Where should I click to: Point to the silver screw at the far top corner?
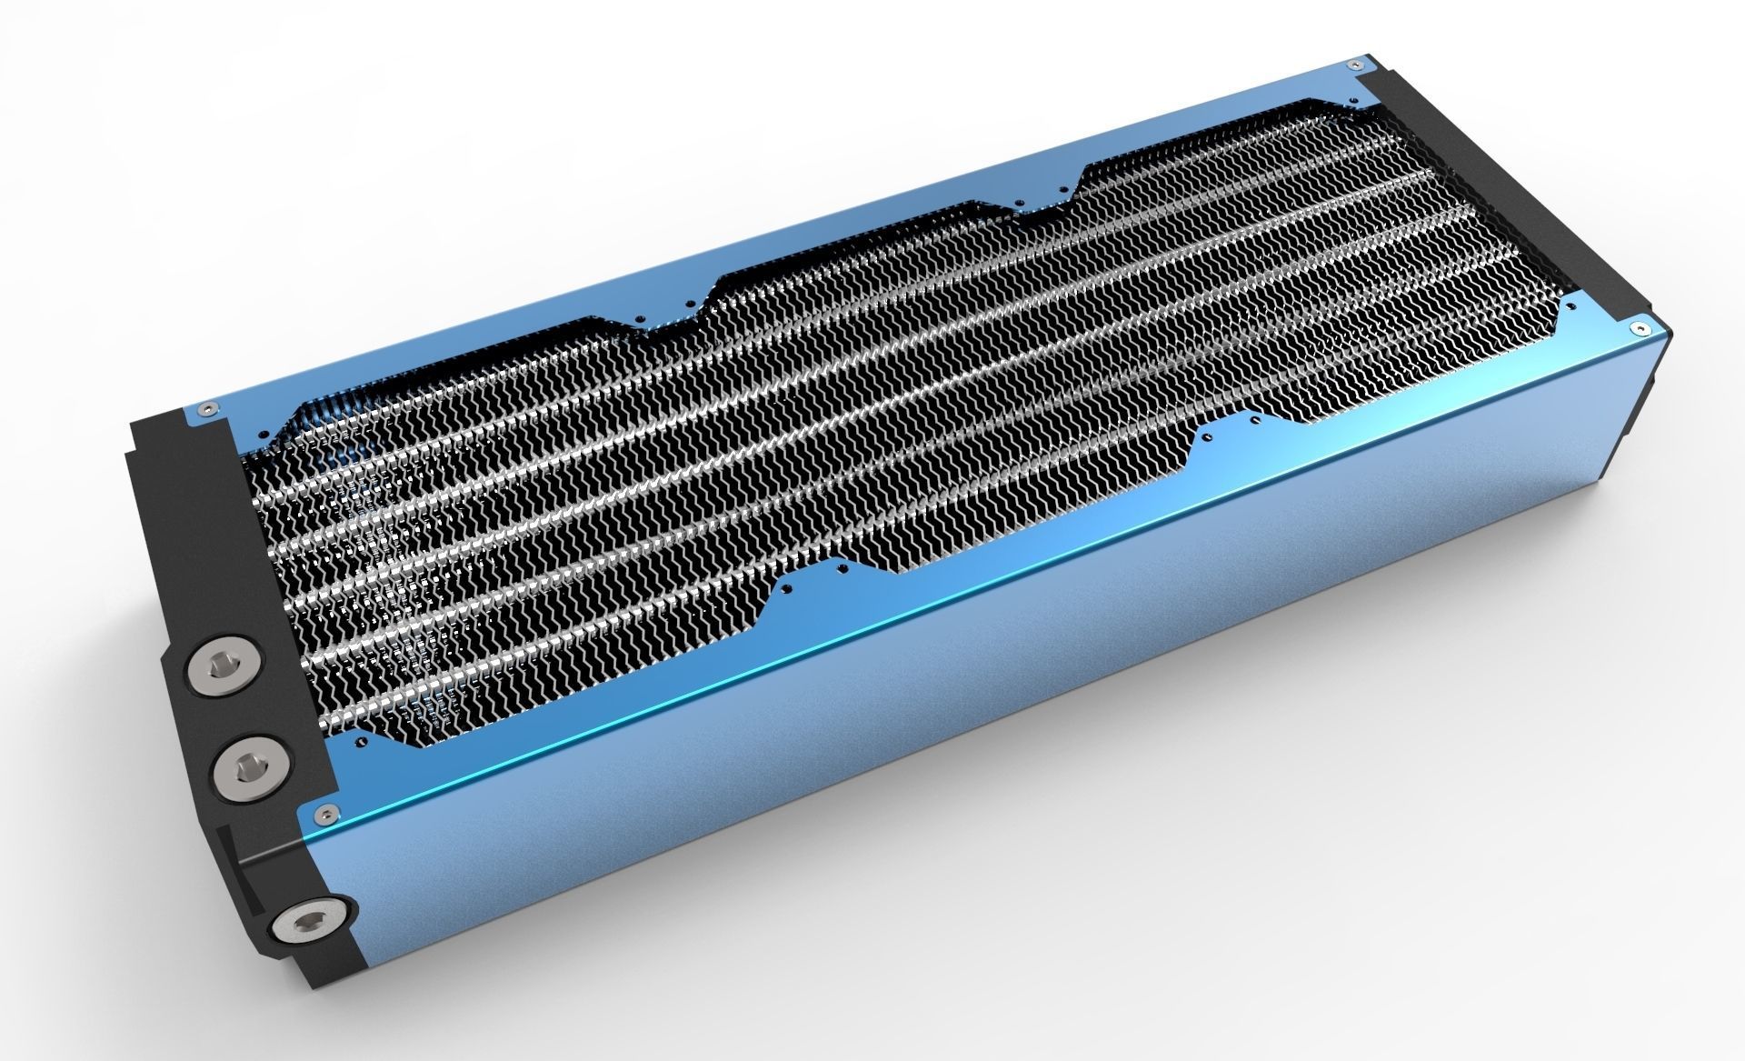tap(1356, 65)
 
